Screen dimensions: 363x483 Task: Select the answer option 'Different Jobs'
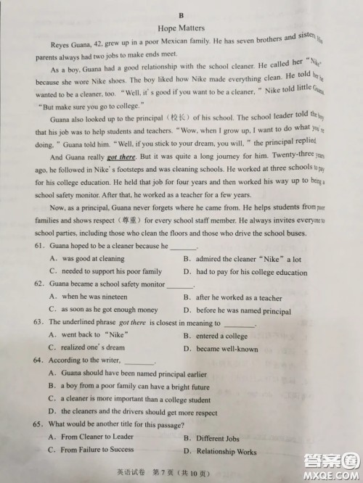coord(218,439)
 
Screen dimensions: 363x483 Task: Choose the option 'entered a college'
coord(221,336)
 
